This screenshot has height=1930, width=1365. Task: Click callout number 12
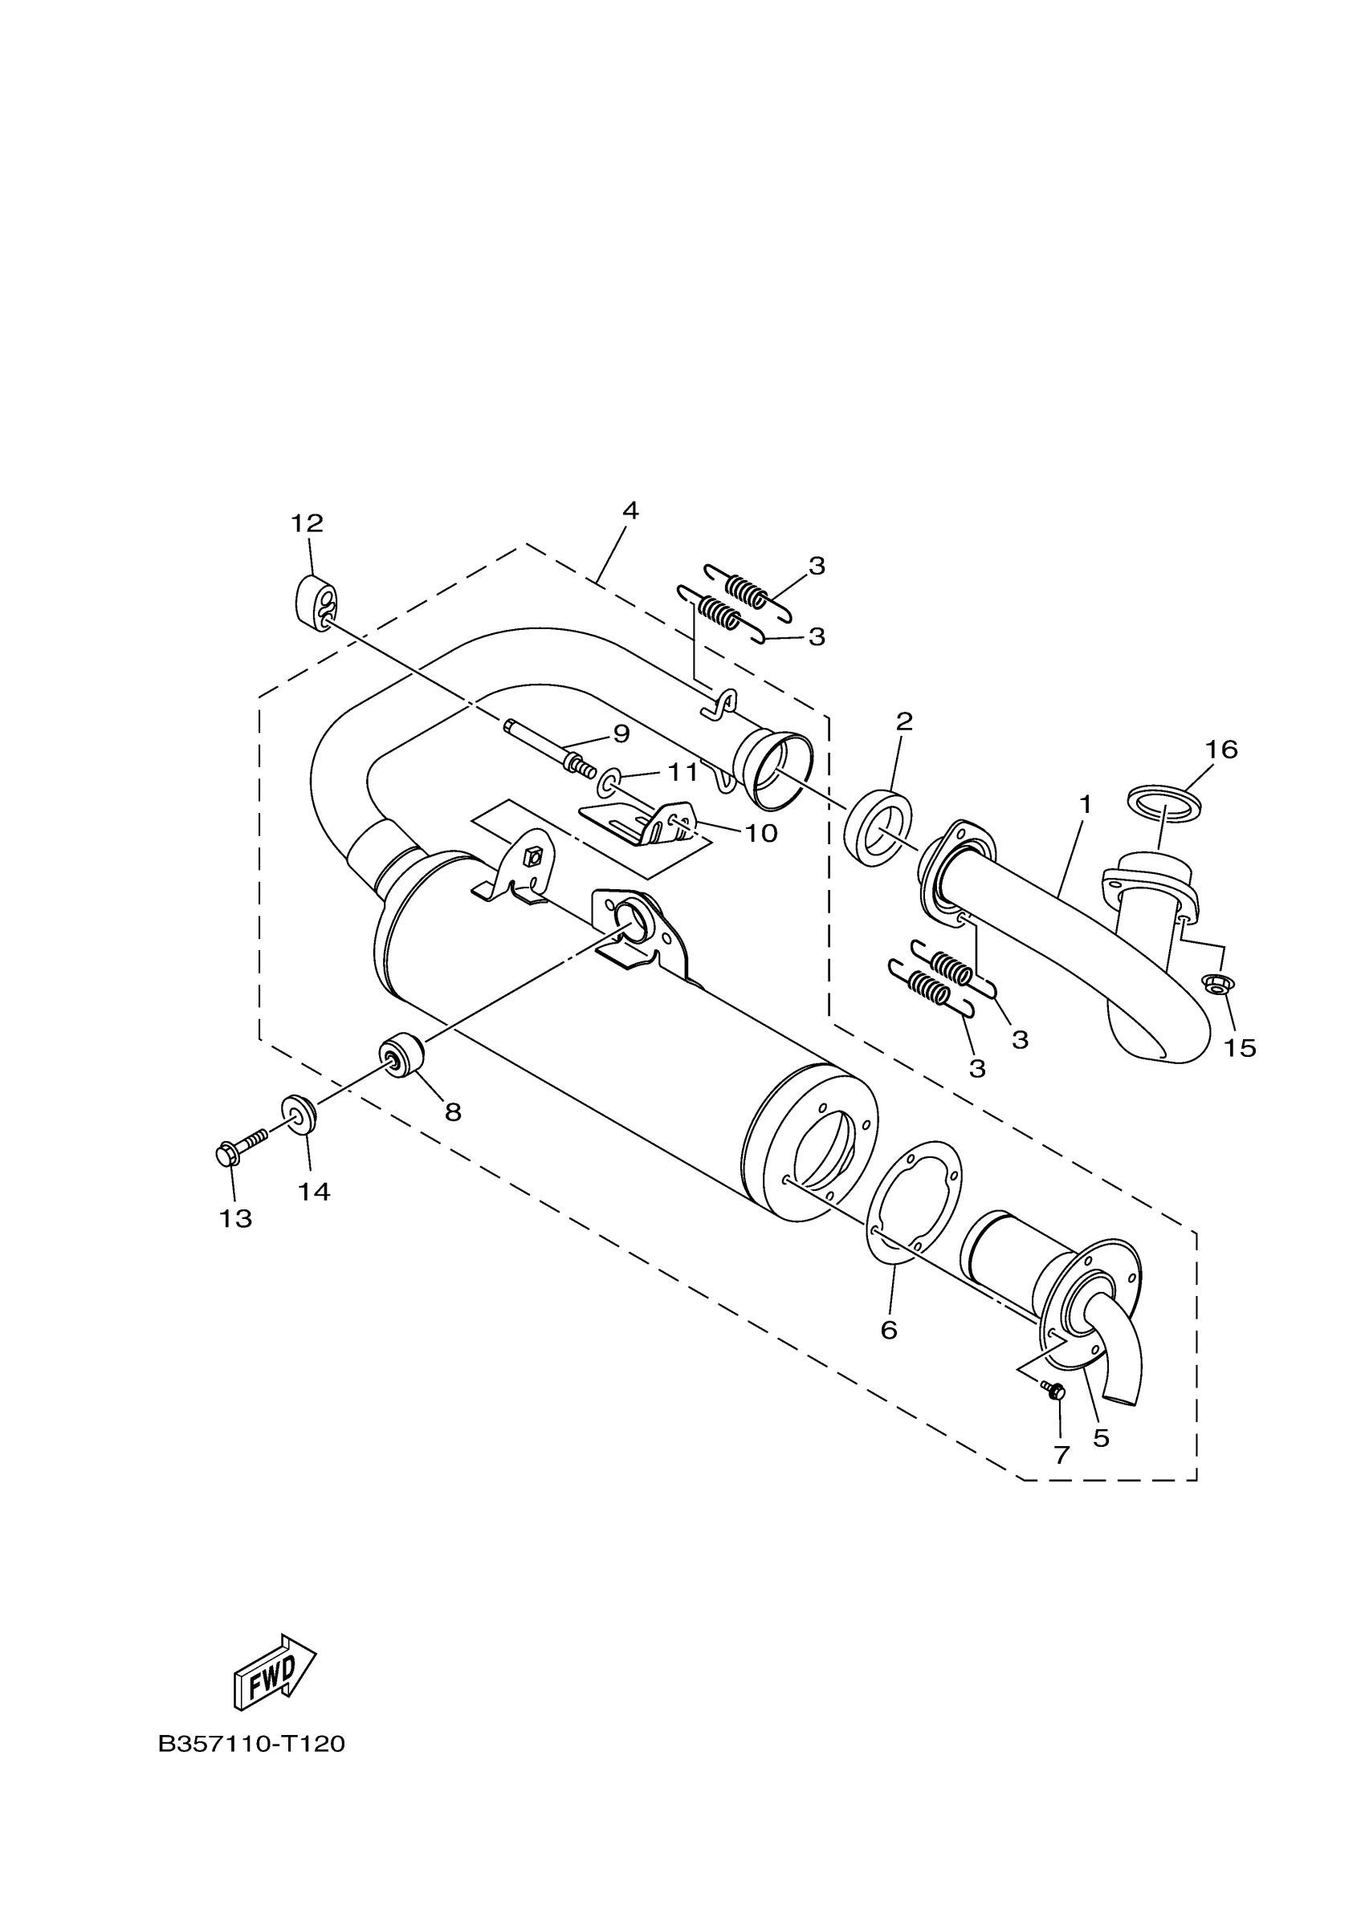pos(307,524)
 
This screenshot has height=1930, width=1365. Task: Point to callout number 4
pos(630,510)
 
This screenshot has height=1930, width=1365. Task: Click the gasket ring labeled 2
pos(877,827)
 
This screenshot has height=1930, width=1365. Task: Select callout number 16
pos(1220,749)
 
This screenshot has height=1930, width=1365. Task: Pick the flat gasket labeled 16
pos(1163,800)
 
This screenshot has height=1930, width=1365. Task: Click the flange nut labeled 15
pos(1215,984)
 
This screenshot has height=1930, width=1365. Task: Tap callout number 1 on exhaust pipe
pos(1085,805)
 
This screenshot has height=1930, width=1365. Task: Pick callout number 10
pos(760,833)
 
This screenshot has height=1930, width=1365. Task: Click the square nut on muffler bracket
pos(531,856)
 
